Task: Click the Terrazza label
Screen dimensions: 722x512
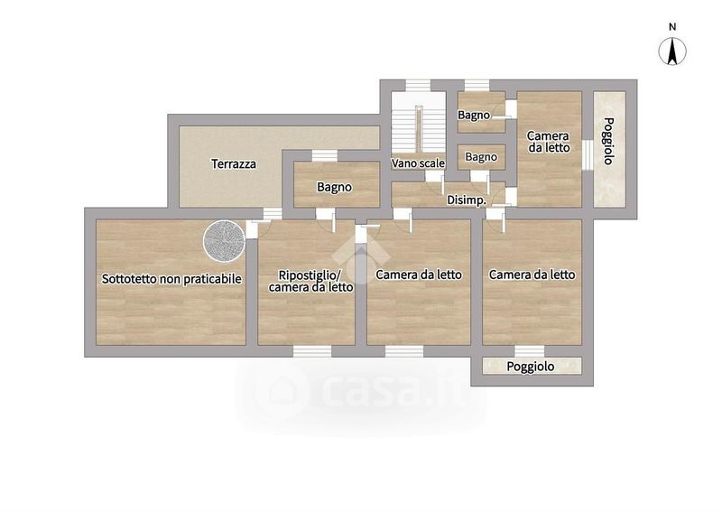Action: click(x=234, y=164)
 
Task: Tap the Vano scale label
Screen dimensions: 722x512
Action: click(x=418, y=163)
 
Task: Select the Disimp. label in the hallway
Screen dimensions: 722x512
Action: click(x=467, y=200)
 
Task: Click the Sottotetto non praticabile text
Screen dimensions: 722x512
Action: click(x=171, y=279)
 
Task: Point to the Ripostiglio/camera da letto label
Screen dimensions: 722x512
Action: click(x=310, y=281)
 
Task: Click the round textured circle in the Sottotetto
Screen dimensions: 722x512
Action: click(x=224, y=239)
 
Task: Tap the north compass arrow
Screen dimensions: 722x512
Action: click(x=672, y=51)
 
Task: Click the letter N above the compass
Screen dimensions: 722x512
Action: click(x=672, y=27)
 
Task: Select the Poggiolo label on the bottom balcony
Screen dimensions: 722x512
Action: click(x=531, y=367)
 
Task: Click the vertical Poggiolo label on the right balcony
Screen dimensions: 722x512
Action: click(x=608, y=141)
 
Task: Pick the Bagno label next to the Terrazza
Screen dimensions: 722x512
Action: click(x=334, y=187)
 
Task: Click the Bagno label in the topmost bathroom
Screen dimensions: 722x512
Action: click(x=474, y=115)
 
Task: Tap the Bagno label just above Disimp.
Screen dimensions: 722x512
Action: click(x=481, y=157)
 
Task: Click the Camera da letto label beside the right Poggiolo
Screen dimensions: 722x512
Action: click(x=549, y=142)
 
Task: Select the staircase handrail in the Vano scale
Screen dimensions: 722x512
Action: click(x=419, y=128)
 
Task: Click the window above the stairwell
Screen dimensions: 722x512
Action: click(x=418, y=85)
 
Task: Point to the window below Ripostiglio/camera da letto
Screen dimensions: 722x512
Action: click(x=312, y=351)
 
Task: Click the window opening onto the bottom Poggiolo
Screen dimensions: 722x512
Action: click(x=530, y=351)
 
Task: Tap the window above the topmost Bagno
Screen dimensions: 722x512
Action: click(x=477, y=85)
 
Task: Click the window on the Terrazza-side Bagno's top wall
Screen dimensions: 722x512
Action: click(x=325, y=155)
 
